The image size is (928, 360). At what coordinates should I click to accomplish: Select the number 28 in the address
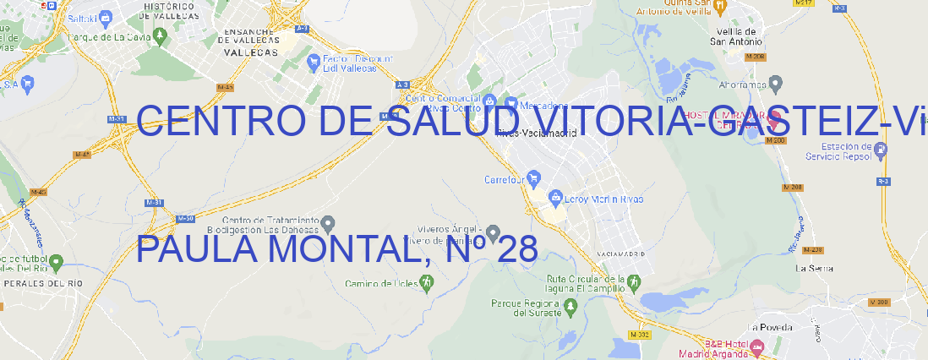click(517, 250)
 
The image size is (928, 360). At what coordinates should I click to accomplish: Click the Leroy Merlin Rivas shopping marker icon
click(555, 199)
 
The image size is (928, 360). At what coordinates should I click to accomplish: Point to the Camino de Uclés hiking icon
click(426, 284)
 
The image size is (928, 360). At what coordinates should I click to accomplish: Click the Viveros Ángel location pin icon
click(494, 232)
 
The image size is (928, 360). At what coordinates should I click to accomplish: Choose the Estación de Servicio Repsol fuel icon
click(882, 150)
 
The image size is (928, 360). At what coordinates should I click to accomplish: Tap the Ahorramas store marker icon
click(777, 84)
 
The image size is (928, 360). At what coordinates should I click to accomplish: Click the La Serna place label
click(815, 268)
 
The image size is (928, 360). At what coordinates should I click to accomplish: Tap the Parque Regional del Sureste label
click(526, 308)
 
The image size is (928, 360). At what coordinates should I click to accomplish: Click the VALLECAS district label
click(250, 52)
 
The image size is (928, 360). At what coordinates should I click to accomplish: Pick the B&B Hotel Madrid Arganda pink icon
click(756, 346)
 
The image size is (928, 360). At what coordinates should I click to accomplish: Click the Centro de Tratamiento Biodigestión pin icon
click(328, 223)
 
